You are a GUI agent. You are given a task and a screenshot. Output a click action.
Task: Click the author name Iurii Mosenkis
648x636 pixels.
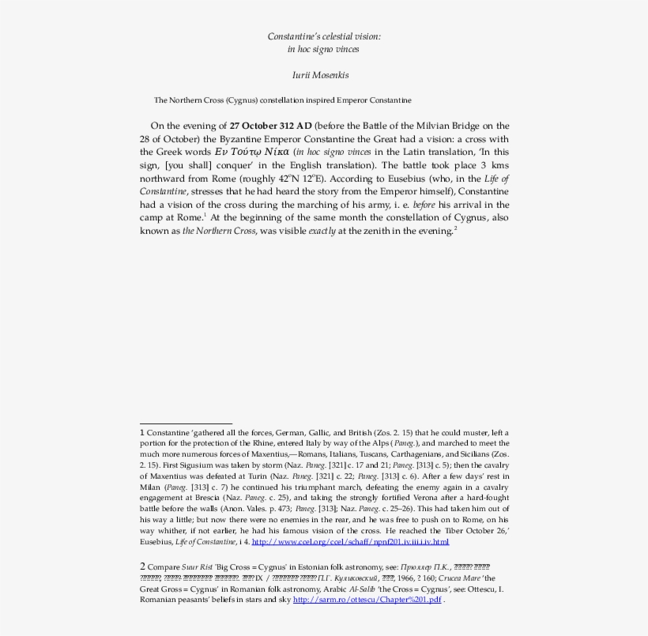[323, 76]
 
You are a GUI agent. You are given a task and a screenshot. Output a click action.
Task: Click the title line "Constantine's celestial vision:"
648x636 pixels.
[323, 36]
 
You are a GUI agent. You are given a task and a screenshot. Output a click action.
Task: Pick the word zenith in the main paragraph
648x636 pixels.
[364, 231]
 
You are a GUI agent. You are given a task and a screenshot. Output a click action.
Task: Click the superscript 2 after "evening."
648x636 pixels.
[455, 228]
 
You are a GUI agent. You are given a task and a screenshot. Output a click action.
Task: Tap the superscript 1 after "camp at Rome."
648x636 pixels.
[205, 215]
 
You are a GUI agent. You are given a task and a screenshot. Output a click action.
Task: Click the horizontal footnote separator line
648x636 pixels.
[186, 424]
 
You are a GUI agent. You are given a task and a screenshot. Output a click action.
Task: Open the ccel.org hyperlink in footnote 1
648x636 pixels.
[350, 542]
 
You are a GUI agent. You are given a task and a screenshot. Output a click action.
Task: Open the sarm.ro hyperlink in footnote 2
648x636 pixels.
[367, 600]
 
